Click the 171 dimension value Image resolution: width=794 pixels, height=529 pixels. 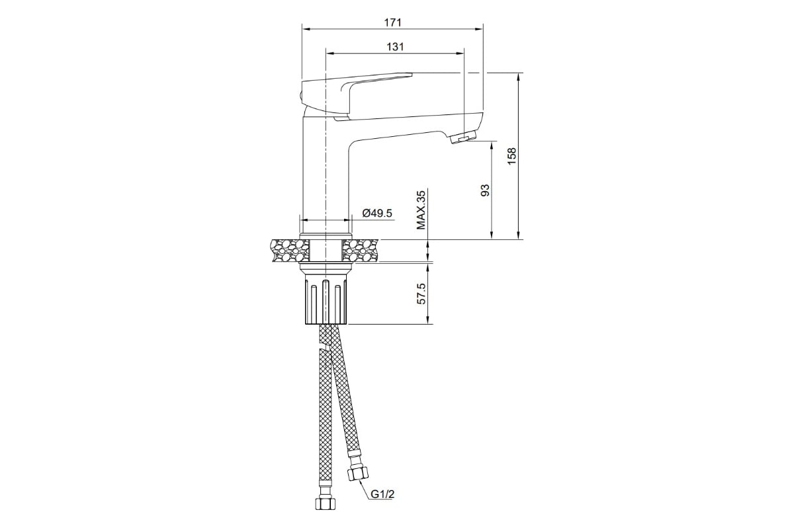[393, 22]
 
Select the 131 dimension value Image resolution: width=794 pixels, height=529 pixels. [395, 47]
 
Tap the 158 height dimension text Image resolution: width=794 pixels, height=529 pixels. [512, 156]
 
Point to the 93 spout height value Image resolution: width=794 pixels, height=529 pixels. [485, 190]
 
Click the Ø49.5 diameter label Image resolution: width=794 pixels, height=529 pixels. [377, 214]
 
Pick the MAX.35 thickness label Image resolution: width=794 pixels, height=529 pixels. [421, 210]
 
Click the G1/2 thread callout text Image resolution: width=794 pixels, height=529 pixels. [382, 494]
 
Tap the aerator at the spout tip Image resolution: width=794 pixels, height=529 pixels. [464, 137]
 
